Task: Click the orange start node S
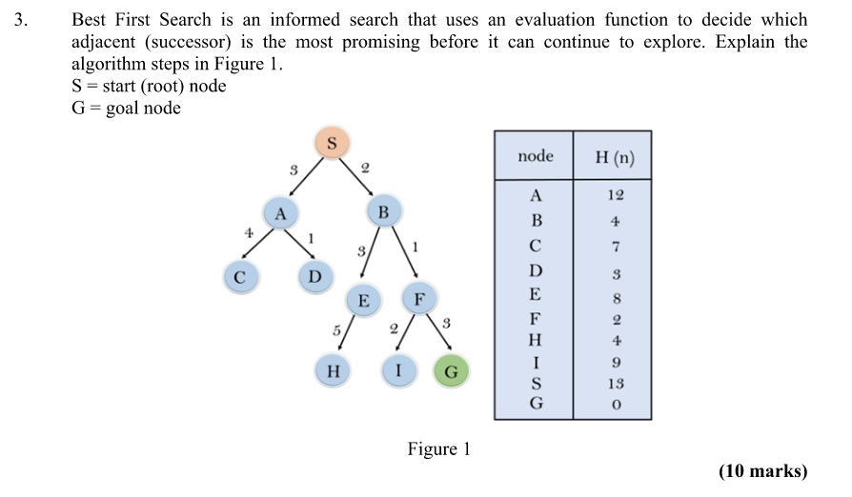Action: click(x=332, y=144)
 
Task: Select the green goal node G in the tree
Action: click(x=452, y=371)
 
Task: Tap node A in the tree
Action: click(x=280, y=212)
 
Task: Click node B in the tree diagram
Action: click(x=383, y=210)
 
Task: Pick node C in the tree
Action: click(x=239, y=277)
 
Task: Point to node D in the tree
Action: click(x=314, y=276)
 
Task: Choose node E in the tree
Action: click(x=363, y=301)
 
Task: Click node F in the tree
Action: click(x=418, y=298)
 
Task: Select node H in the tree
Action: click(x=333, y=370)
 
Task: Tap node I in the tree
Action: click(x=399, y=371)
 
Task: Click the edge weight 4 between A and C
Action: click(x=248, y=231)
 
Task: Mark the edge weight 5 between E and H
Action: click(x=336, y=330)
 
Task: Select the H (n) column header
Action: click(x=614, y=157)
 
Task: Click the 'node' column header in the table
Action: click(x=535, y=156)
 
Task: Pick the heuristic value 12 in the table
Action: click(x=615, y=195)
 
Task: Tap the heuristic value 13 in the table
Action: click(x=615, y=384)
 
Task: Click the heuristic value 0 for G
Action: click(x=616, y=405)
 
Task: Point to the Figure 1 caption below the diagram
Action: click(x=438, y=448)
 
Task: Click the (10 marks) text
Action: click(x=762, y=471)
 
